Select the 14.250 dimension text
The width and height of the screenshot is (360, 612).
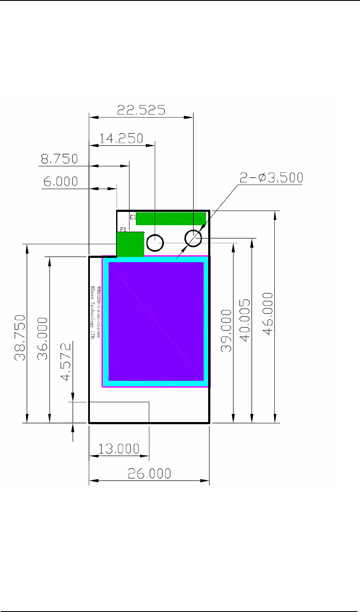(121, 138)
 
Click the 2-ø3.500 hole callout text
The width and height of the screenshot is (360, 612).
(271, 177)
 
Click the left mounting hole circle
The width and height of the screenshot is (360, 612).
(155, 243)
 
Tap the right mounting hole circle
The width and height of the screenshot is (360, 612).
(193, 238)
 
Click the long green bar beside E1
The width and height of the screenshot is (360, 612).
(171, 218)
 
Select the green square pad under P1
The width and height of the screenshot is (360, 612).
(130, 244)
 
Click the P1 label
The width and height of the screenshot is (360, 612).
(123, 229)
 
